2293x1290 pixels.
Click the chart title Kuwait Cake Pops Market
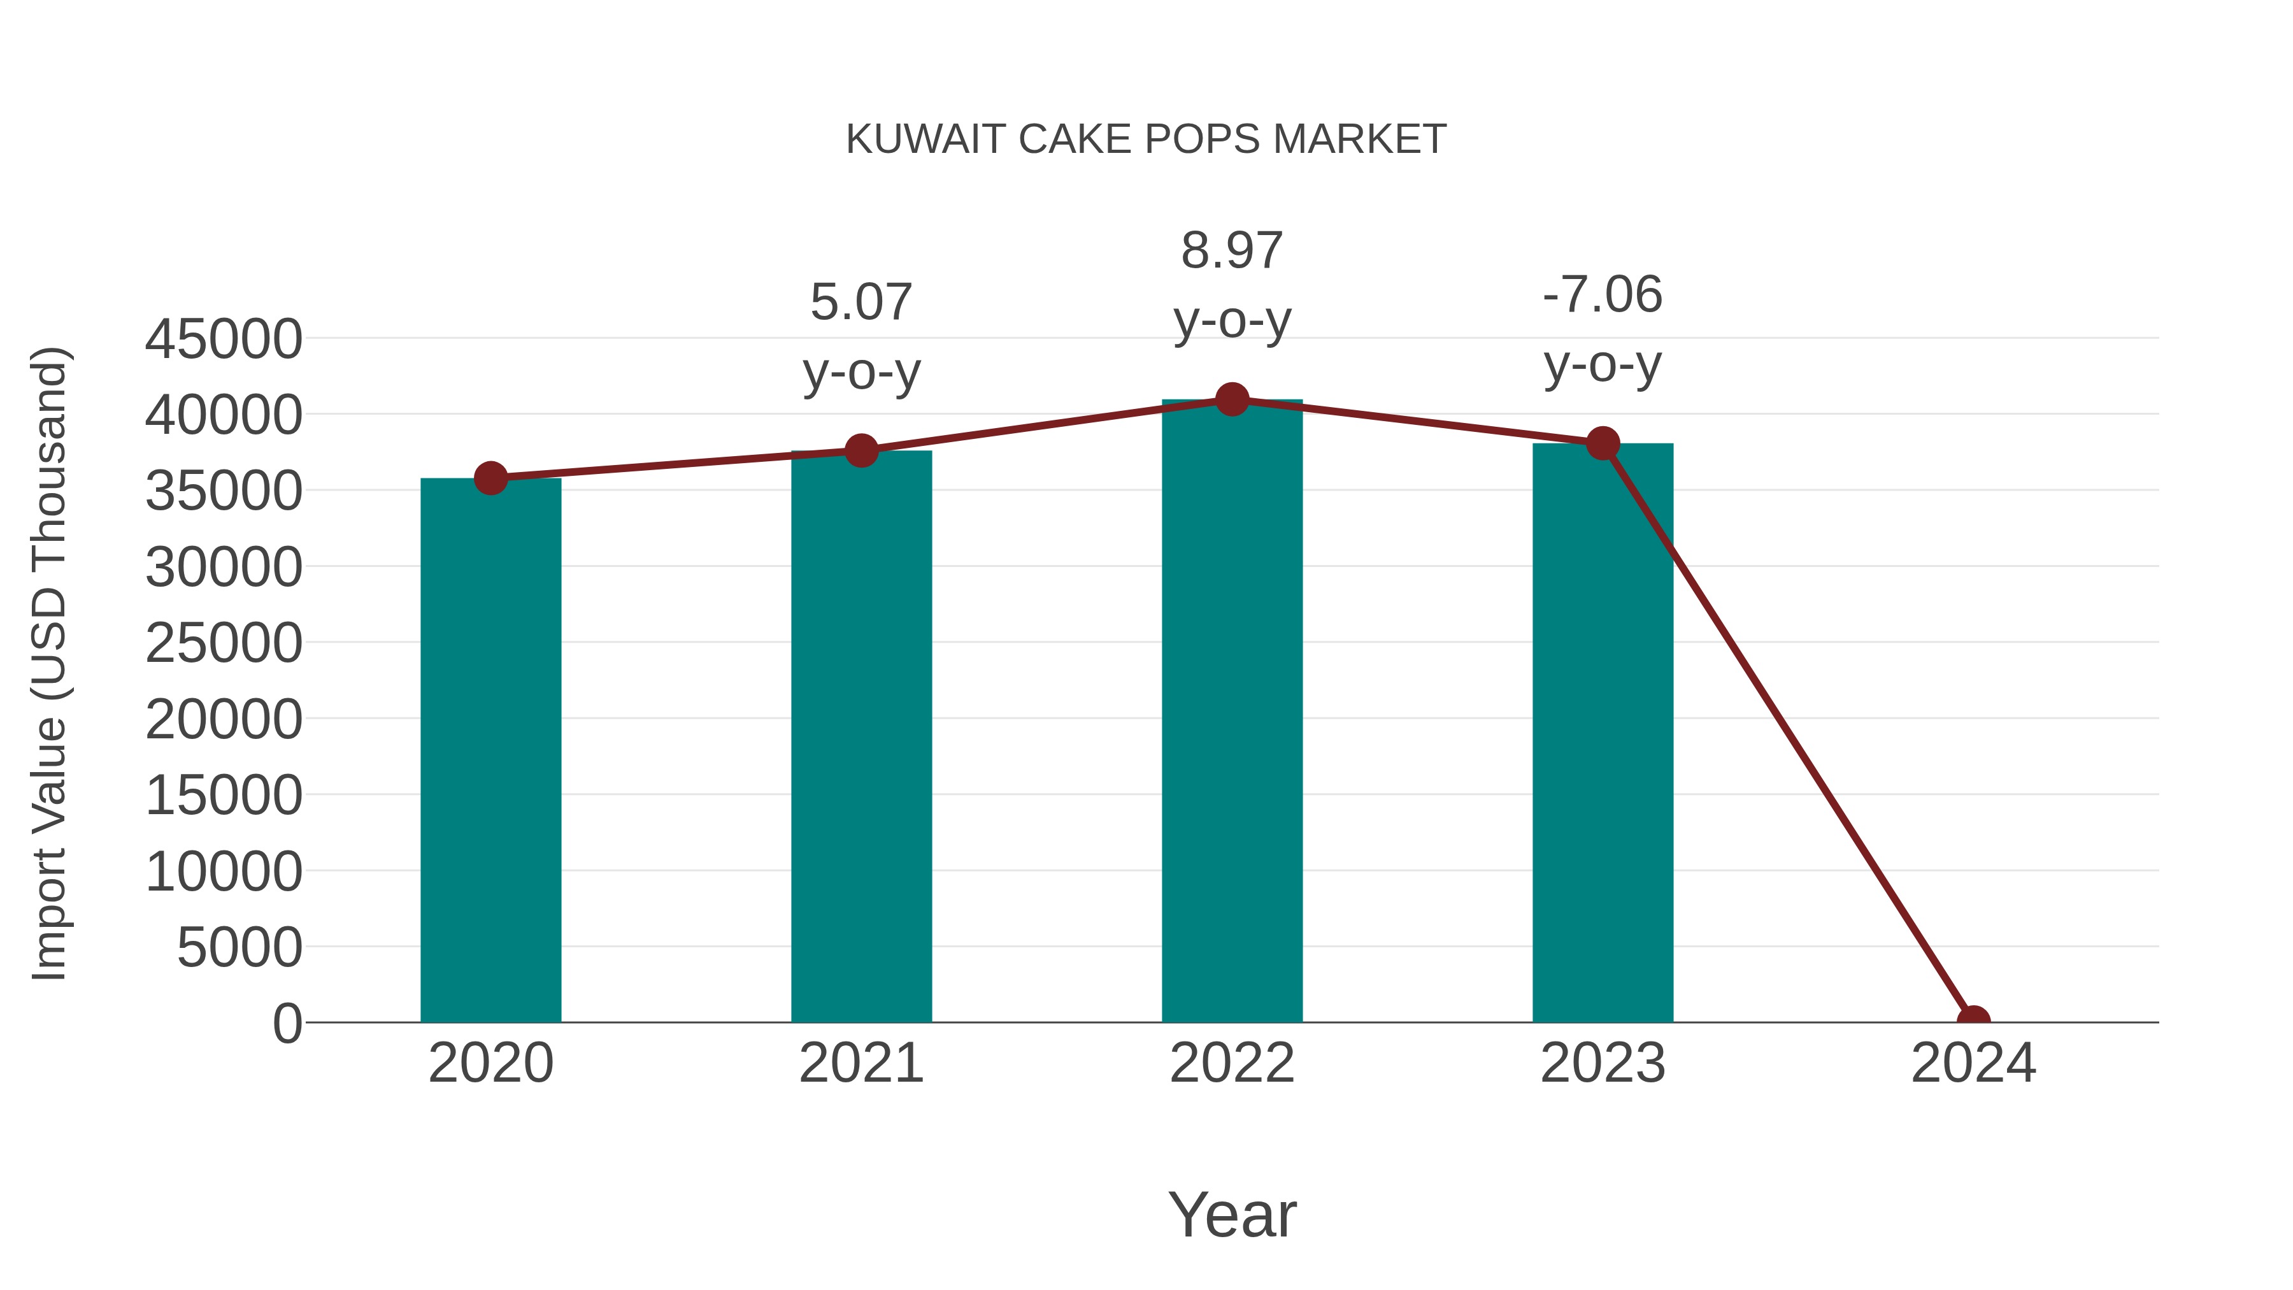[x=1146, y=140]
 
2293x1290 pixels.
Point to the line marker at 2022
[x=1232, y=399]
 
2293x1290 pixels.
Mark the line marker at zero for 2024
[x=1973, y=1021]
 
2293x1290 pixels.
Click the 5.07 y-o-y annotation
[x=861, y=336]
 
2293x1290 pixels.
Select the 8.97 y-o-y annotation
[x=1232, y=285]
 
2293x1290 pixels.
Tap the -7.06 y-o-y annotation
[x=1603, y=329]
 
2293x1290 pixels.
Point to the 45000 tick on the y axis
[x=224, y=339]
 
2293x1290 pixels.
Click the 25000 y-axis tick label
[x=224, y=643]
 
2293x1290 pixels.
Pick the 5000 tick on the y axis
[x=239, y=947]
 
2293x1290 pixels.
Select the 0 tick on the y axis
[x=287, y=1023]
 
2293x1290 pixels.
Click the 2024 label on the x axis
[x=1973, y=1063]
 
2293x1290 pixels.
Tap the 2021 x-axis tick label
[x=861, y=1063]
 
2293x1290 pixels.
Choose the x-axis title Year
[x=1232, y=1214]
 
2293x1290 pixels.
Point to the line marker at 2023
[x=1603, y=443]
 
